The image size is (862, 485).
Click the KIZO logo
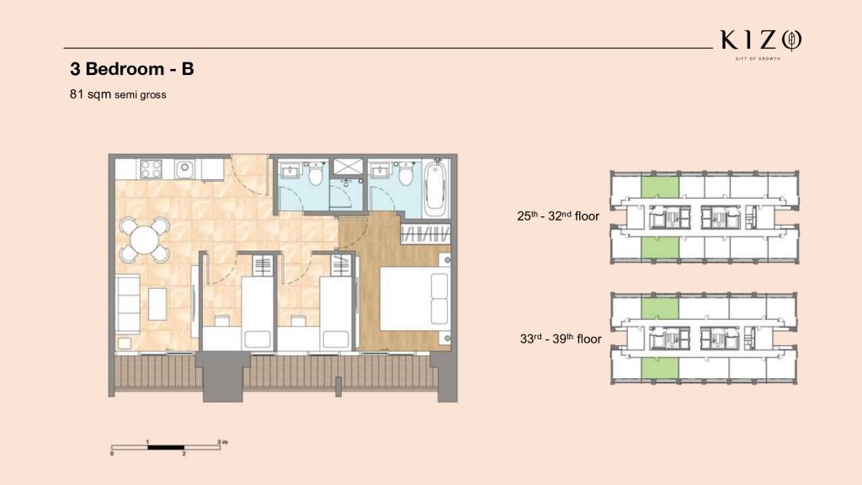click(x=761, y=44)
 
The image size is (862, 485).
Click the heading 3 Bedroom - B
click(x=132, y=69)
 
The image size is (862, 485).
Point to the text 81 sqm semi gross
click(x=118, y=94)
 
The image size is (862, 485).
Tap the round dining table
click(x=145, y=240)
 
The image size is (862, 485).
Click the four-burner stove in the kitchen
click(x=152, y=168)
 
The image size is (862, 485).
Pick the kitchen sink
click(x=185, y=168)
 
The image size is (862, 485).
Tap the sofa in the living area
click(x=128, y=303)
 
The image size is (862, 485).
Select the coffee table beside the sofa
click(x=157, y=304)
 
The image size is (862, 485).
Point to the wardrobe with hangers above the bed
click(x=425, y=234)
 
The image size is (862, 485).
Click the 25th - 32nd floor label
click(x=558, y=216)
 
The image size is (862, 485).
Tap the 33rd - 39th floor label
click(x=561, y=338)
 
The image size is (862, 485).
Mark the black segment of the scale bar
click(x=166, y=448)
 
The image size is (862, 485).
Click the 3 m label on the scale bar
click(x=222, y=441)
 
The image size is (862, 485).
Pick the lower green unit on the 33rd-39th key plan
click(x=660, y=367)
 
